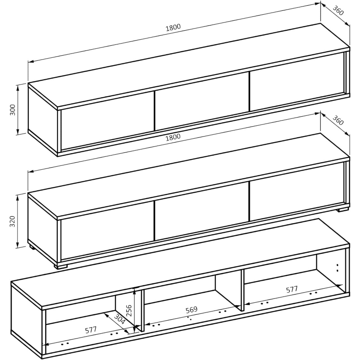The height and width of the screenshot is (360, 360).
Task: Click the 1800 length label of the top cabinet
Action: point(173,27)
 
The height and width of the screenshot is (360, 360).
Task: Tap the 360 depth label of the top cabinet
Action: point(338,11)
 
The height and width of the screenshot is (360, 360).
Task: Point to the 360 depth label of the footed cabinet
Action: point(338,120)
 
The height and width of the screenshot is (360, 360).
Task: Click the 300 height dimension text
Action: point(13,110)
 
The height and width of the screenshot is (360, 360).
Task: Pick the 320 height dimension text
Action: point(13,221)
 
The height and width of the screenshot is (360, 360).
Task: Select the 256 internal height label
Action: point(129,310)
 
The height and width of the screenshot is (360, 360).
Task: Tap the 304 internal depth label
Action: point(119,319)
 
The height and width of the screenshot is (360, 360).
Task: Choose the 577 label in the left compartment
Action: point(91,330)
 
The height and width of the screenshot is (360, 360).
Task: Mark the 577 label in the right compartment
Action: point(292,289)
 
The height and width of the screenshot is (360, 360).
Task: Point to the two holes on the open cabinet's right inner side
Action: point(337,268)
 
